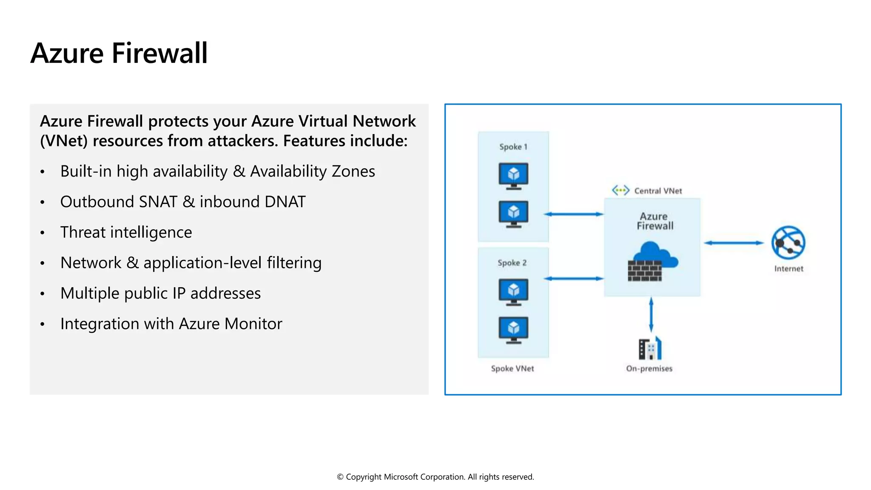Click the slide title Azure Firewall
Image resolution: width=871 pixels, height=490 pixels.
[119, 54]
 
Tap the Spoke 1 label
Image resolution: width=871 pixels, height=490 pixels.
[513, 147]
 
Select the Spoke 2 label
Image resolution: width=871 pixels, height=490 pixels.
[512, 263]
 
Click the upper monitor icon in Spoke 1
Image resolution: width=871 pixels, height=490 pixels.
[513, 176]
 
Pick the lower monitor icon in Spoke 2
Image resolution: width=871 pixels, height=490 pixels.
[513, 330]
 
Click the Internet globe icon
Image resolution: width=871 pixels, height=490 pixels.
[788, 242]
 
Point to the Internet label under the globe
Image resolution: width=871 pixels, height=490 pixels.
[788, 269]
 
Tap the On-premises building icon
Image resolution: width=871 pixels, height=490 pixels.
[650, 349]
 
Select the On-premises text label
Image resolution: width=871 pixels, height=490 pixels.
[649, 368]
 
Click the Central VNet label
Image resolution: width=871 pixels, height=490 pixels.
[658, 191]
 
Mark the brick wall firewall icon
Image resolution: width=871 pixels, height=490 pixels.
[645, 271]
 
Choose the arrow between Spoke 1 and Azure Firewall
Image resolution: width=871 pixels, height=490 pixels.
[574, 214]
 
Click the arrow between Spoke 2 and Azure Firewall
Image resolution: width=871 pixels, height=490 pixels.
[574, 279]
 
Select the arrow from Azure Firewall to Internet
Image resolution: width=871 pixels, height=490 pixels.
[734, 243]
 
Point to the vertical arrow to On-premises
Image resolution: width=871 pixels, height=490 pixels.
[651, 315]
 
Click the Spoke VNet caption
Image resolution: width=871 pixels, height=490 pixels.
[512, 368]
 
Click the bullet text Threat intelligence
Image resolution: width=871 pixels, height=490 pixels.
[126, 232]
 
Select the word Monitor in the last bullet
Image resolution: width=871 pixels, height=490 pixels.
[253, 324]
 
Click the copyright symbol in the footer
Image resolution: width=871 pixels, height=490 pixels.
[340, 477]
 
